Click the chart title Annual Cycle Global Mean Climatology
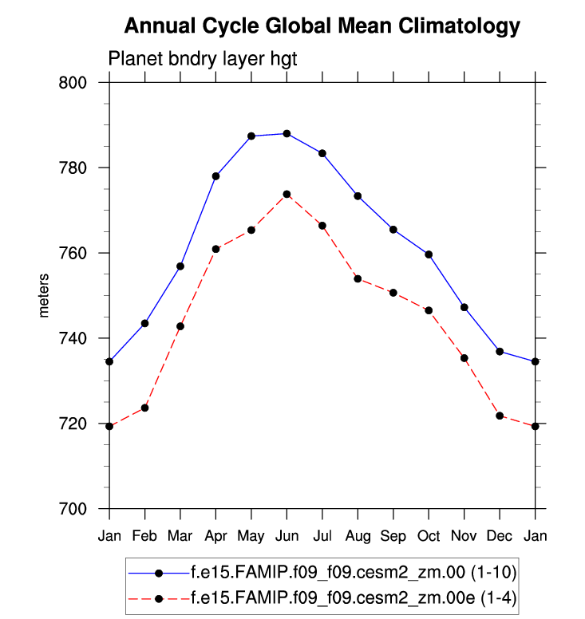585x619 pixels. pos(322,26)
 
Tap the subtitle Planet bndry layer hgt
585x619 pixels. pos(203,58)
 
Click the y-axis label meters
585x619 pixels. pos(45,295)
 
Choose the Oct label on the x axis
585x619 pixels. pos(429,534)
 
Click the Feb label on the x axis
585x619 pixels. pos(144,534)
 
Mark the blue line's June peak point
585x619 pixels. pos(287,133)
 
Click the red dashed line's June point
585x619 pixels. pos(287,194)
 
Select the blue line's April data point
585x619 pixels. pos(215,175)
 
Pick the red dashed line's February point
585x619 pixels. pos(144,408)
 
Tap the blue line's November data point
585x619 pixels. pos(464,307)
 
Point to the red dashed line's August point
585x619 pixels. pos(358,278)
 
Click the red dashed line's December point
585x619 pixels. pos(500,416)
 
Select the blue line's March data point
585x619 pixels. pos(180,266)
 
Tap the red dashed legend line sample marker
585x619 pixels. pos(159,597)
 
